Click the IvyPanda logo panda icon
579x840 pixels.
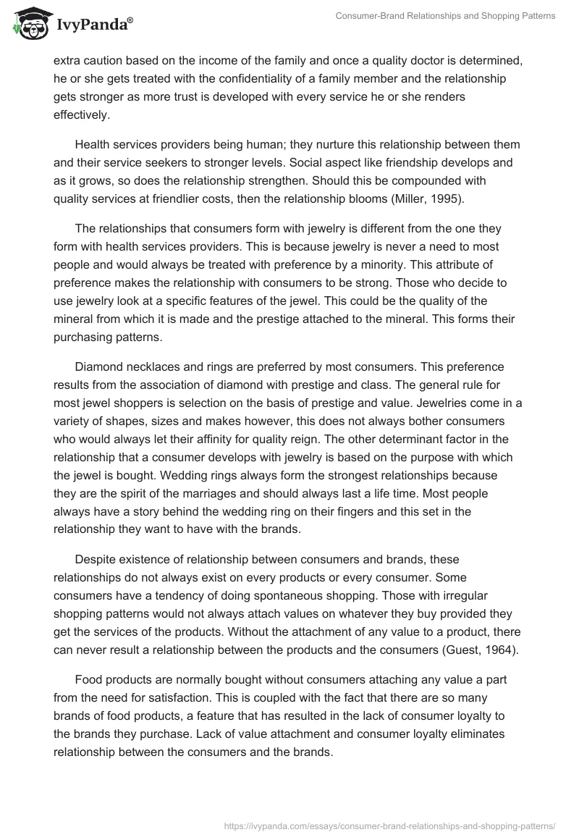[28, 23]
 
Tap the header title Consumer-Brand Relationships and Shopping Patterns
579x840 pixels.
[446, 16]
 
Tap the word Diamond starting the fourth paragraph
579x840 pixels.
[98, 366]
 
